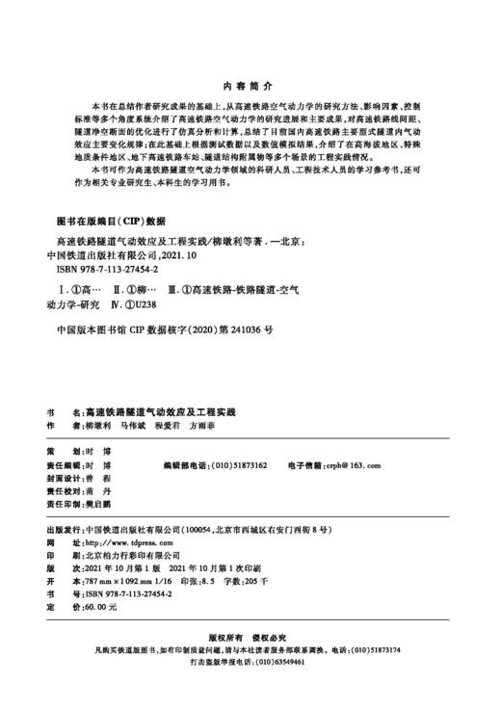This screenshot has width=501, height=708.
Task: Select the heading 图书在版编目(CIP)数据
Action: (x=112, y=220)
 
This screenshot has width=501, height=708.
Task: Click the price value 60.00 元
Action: (x=101, y=608)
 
